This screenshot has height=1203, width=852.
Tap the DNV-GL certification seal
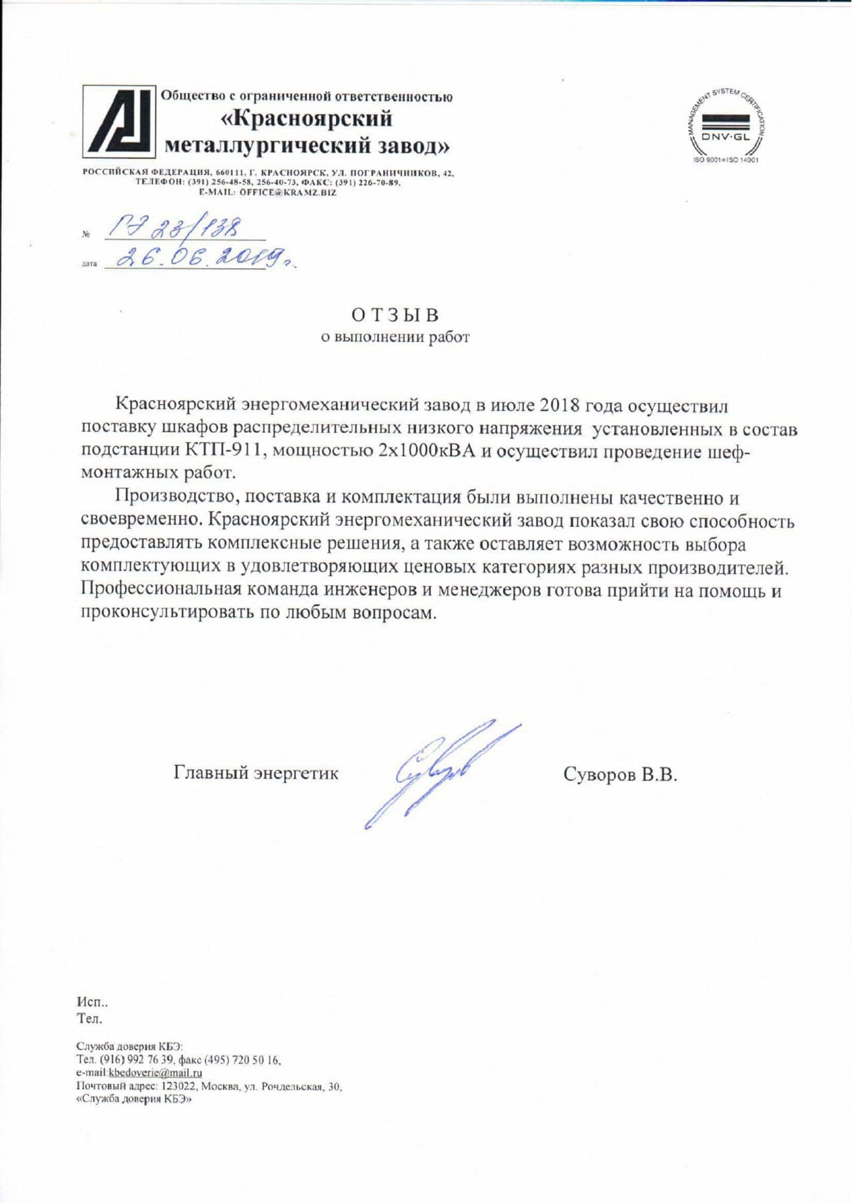pos(726,123)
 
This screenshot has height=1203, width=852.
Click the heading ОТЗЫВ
pos(395,315)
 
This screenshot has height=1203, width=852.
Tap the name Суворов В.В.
pos(620,775)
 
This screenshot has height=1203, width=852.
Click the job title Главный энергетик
pos(256,773)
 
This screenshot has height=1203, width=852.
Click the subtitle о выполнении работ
pos(395,337)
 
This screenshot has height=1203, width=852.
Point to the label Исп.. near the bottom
pos(92,1002)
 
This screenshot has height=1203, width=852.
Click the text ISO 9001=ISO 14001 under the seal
pos(726,160)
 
